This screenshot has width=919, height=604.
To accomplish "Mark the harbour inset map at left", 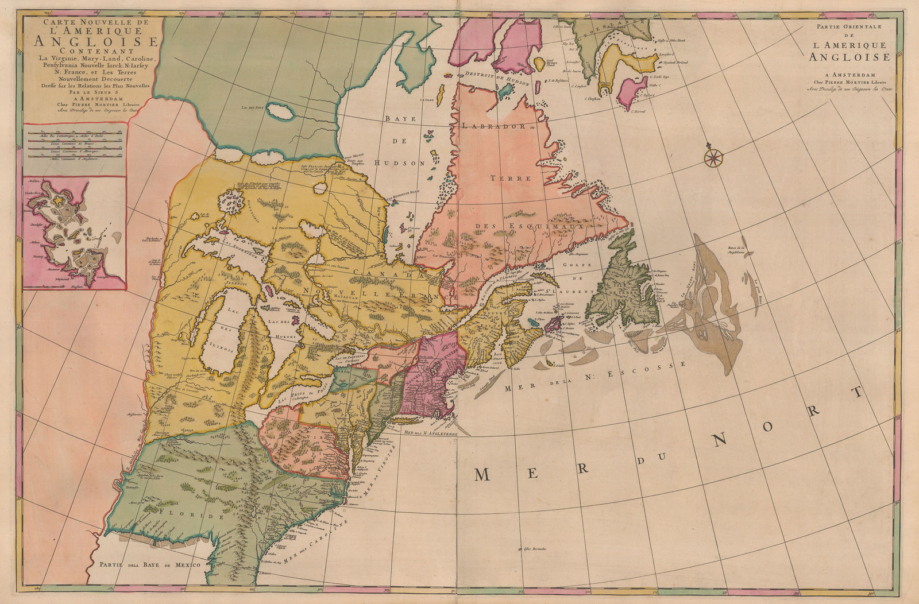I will click(x=75, y=233).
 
